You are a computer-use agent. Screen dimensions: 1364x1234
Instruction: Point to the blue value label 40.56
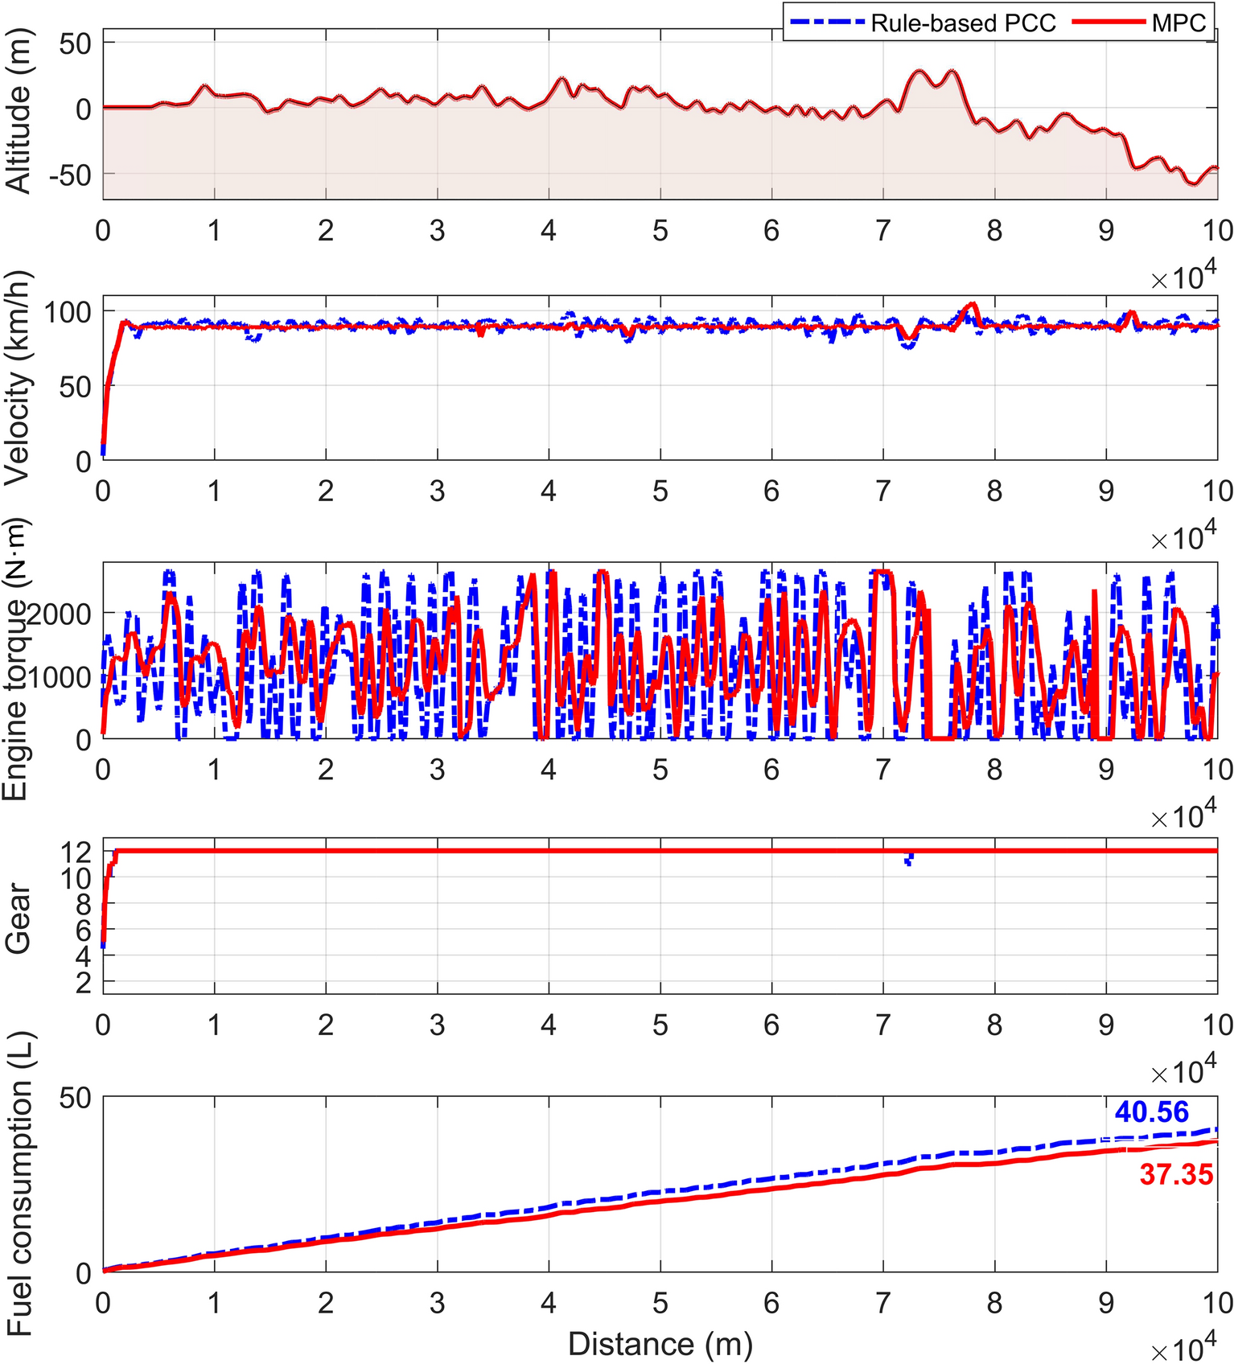(1151, 1112)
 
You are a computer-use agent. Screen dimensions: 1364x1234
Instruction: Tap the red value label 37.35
(1176, 1175)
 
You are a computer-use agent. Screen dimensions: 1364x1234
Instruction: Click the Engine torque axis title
(16, 659)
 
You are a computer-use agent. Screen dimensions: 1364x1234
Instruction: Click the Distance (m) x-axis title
(660, 1344)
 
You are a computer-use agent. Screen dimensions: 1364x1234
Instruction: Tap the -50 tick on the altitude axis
(71, 175)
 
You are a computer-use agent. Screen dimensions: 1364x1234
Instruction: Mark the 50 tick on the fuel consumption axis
(76, 1098)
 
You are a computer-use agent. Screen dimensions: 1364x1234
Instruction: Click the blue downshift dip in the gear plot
(909, 861)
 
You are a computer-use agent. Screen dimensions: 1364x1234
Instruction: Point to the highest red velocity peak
(973, 304)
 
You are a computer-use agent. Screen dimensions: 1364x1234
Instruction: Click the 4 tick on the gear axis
(84, 955)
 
